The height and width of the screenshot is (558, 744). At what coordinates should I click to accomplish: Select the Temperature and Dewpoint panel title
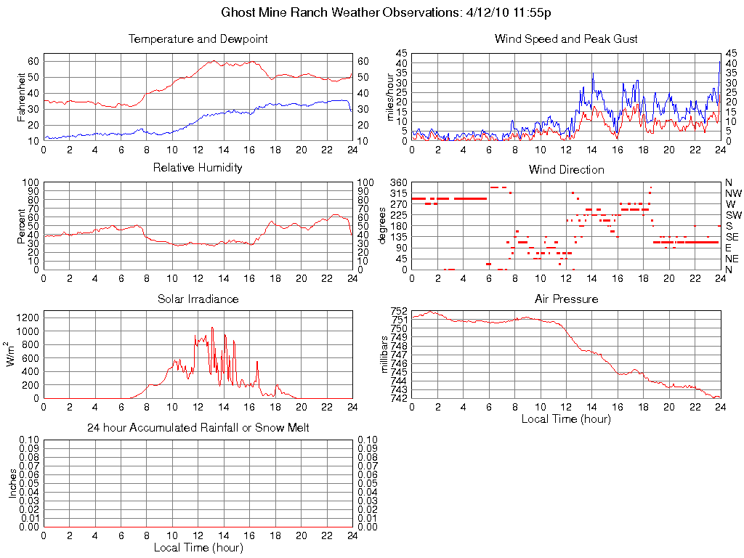click(x=198, y=39)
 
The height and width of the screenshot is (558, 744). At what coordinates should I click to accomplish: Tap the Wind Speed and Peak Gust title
click(x=566, y=39)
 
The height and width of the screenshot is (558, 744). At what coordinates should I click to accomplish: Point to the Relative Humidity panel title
click(x=198, y=168)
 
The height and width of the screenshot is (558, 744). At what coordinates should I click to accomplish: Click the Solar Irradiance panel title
click(x=198, y=299)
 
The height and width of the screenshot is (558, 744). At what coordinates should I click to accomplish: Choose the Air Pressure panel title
click(x=566, y=299)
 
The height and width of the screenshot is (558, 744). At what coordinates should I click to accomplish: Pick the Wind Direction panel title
click(x=566, y=169)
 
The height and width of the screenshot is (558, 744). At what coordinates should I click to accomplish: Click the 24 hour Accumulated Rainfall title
click(x=198, y=428)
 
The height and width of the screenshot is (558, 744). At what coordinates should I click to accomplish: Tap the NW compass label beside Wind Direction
click(x=732, y=193)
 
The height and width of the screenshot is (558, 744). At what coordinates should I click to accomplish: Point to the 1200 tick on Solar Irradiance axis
click(x=28, y=317)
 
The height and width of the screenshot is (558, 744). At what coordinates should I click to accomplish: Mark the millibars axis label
click(x=385, y=354)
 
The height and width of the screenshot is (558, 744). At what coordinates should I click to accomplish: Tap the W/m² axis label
click(x=12, y=354)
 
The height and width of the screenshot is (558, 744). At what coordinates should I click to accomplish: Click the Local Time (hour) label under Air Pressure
click(x=566, y=418)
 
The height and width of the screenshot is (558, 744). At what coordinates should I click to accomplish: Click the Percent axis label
click(x=22, y=226)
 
